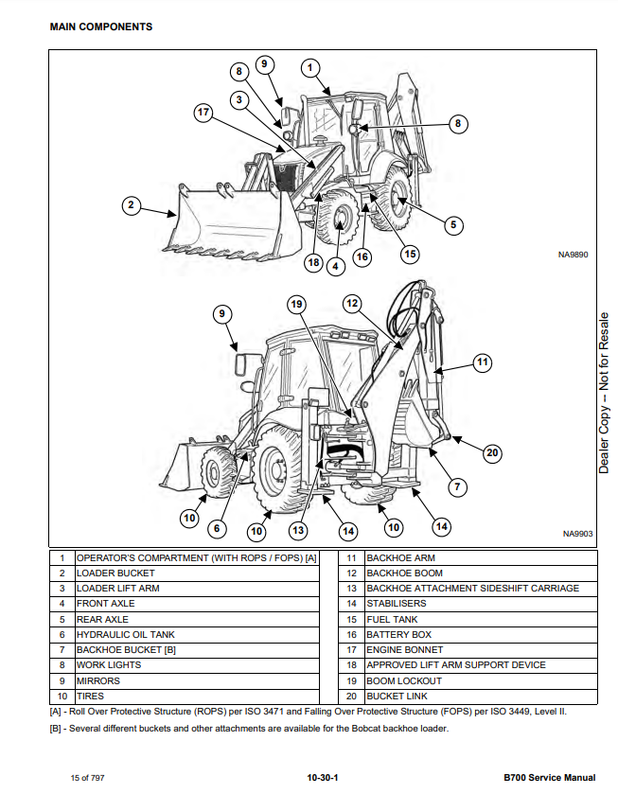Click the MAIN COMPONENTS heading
click(100, 26)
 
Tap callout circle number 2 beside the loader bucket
click(132, 205)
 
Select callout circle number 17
click(203, 113)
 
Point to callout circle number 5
click(452, 224)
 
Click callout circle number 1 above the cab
click(310, 67)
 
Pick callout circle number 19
click(296, 304)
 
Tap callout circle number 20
click(491, 452)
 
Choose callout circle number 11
click(483, 362)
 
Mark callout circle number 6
click(218, 528)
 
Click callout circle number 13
click(298, 530)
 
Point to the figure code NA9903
click(575, 534)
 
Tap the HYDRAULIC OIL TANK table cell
click(125, 634)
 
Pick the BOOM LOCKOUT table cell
click(404, 680)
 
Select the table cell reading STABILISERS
click(397, 604)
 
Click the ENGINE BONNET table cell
click(404, 650)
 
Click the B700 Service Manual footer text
click(549, 777)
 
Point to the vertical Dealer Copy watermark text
click(604, 393)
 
